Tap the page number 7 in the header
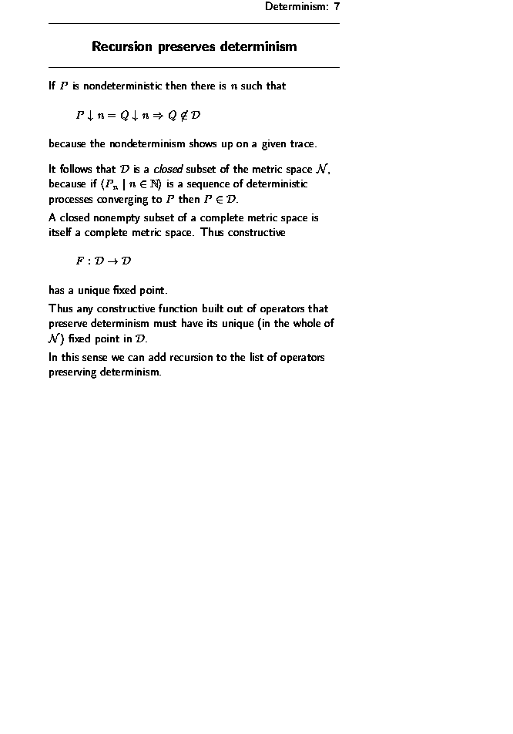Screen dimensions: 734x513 coord(337,7)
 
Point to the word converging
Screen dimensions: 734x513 coord(130,198)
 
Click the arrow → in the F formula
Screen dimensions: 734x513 coord(112,261)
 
